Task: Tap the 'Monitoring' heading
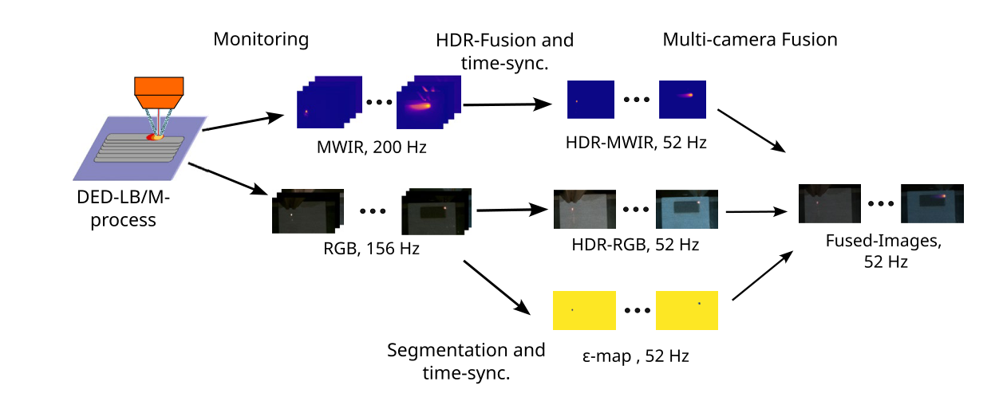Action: [261, 39]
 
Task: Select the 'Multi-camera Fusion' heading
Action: [750, 40]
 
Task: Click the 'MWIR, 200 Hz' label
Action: [371, 147]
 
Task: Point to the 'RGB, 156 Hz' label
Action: [371, 249]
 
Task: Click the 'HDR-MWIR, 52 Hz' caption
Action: [636, 143]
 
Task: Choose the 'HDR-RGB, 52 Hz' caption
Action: [635, 245]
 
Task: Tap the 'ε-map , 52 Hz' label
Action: [635, 356]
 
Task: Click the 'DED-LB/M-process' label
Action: [123, 209]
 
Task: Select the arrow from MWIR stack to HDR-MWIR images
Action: [507, 104]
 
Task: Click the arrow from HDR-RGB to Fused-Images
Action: [756, 211]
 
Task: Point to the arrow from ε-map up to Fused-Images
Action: [762, 276]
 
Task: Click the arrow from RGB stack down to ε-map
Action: [496, 288]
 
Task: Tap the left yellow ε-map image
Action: [584, 310]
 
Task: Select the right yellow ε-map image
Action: [687, 310]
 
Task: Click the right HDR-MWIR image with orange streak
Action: [682, 100]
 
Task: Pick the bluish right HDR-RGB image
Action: [687, 210]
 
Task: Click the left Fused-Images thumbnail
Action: [829, 203]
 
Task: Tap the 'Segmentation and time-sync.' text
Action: [466, 361]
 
